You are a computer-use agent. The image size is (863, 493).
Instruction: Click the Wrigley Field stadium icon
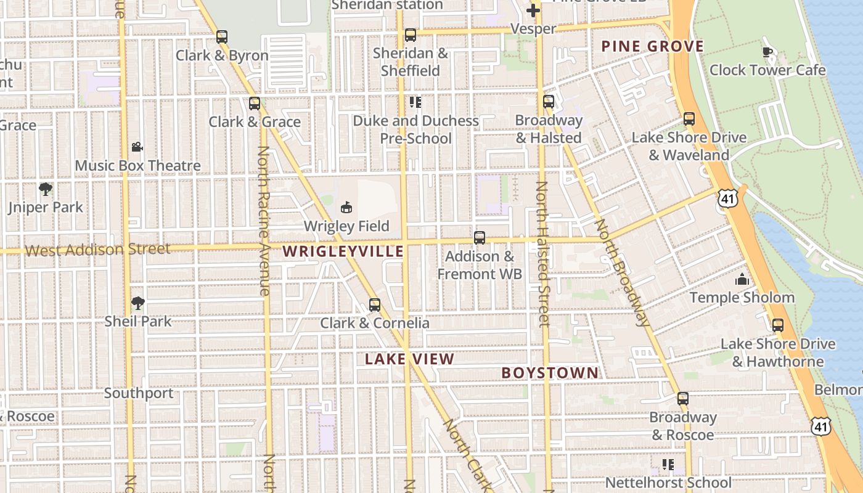point(346,207)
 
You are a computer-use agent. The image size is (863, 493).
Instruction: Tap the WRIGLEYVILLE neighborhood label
point(343,251)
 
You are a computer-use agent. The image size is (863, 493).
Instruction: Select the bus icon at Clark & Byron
point(222,37)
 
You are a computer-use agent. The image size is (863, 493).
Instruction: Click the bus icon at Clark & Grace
point(255,104)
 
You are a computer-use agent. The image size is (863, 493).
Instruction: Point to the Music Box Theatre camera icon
point(137,147)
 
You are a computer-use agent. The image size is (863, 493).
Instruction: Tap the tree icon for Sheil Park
point(137,303)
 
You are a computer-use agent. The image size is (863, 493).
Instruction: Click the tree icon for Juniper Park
point(45,189)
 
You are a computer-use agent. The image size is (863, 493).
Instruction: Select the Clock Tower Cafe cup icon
point(767,52)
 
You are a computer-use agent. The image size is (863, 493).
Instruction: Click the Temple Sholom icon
point(742,280)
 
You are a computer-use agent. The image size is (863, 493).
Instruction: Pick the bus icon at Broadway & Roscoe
point(682,399)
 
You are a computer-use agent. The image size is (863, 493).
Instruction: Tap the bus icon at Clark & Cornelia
point(374,304)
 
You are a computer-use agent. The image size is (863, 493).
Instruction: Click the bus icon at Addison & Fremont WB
point(480,238)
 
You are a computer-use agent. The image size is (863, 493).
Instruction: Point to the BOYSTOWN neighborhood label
point(550,373)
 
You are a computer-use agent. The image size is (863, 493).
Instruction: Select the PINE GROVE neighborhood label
point(652,46)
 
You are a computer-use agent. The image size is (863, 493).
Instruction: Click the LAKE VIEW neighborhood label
point(409,359)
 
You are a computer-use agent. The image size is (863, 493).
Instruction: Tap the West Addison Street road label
point(97,250)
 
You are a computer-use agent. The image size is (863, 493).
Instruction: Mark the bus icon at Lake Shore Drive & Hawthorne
point(778,325)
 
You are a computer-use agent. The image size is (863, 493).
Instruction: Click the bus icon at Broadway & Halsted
point(549,102)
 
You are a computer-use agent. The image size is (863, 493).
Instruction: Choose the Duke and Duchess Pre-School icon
point(415,102)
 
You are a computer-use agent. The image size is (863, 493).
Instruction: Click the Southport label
point(139,393)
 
